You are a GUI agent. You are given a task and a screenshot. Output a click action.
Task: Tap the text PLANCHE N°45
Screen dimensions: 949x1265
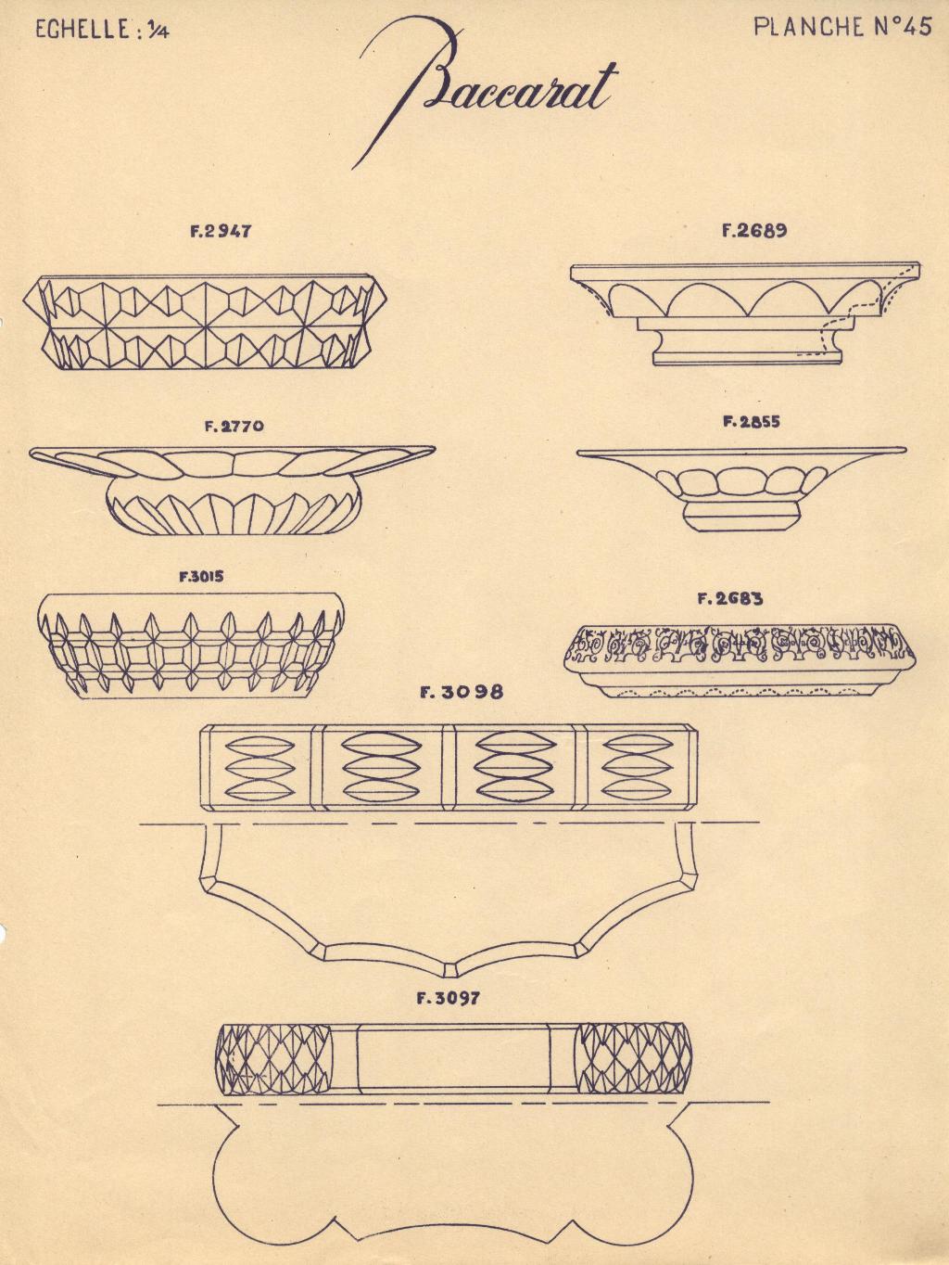coord(843,27)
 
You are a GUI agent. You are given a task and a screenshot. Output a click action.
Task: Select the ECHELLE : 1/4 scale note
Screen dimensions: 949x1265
coord(103,30)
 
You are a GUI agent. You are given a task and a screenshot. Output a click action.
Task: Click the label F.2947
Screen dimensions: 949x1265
coord(221,232)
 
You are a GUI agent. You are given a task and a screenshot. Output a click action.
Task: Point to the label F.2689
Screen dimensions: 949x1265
coord(754,231)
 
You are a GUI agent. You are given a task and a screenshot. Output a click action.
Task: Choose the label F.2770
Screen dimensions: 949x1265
coord(234,427)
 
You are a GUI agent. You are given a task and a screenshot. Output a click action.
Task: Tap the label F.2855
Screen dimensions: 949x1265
coord(752,422)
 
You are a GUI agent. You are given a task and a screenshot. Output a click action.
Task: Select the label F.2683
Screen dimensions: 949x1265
coord(731,599)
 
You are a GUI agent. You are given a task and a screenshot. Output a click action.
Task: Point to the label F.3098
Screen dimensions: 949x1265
coord(462,693)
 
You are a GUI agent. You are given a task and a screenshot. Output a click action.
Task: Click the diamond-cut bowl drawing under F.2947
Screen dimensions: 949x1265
coord(205,322)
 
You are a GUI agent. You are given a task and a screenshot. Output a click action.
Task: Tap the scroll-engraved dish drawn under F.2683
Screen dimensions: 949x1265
coord(739,661)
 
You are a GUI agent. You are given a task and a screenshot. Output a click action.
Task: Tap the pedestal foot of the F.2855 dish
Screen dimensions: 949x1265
coord(743,516)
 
